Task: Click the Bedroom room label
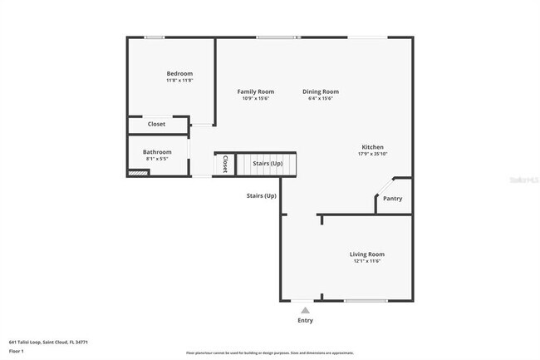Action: pos(179,73)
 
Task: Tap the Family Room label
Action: pos(255,91)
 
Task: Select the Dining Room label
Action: pos(320,91)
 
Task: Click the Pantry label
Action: pos(392,199)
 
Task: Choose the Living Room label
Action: pos(366,254)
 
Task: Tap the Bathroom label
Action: pos(157,152)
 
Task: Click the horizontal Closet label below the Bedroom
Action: pos(156,124)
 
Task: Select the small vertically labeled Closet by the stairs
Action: pos(224,164)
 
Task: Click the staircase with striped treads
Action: pos(267,164)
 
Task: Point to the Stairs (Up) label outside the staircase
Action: pos(261,196)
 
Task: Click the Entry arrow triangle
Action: pos(305,310)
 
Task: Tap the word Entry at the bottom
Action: pos(305,320)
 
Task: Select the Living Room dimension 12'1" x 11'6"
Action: pos(366,261)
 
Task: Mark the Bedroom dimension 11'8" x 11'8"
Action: pos(179,81)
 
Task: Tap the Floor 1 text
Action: pos(17,351)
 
